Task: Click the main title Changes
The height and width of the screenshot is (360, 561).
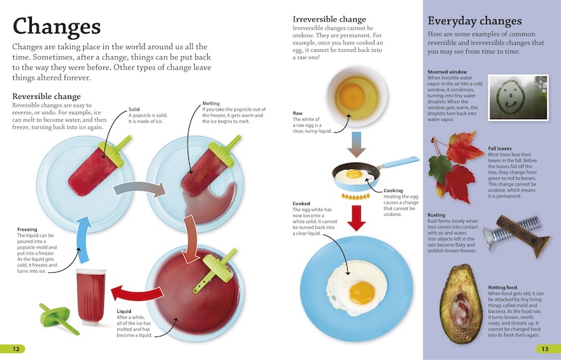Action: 56,26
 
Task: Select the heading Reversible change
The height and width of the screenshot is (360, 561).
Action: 46,96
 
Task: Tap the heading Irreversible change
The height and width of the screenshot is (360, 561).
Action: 329,19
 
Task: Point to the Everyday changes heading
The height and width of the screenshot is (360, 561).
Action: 474,21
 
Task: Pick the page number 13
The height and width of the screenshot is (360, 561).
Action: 545,348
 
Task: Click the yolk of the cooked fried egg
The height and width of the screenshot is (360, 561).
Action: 362,291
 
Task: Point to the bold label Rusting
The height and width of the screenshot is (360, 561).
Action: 436,215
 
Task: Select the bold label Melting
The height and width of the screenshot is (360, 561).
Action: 211,103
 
